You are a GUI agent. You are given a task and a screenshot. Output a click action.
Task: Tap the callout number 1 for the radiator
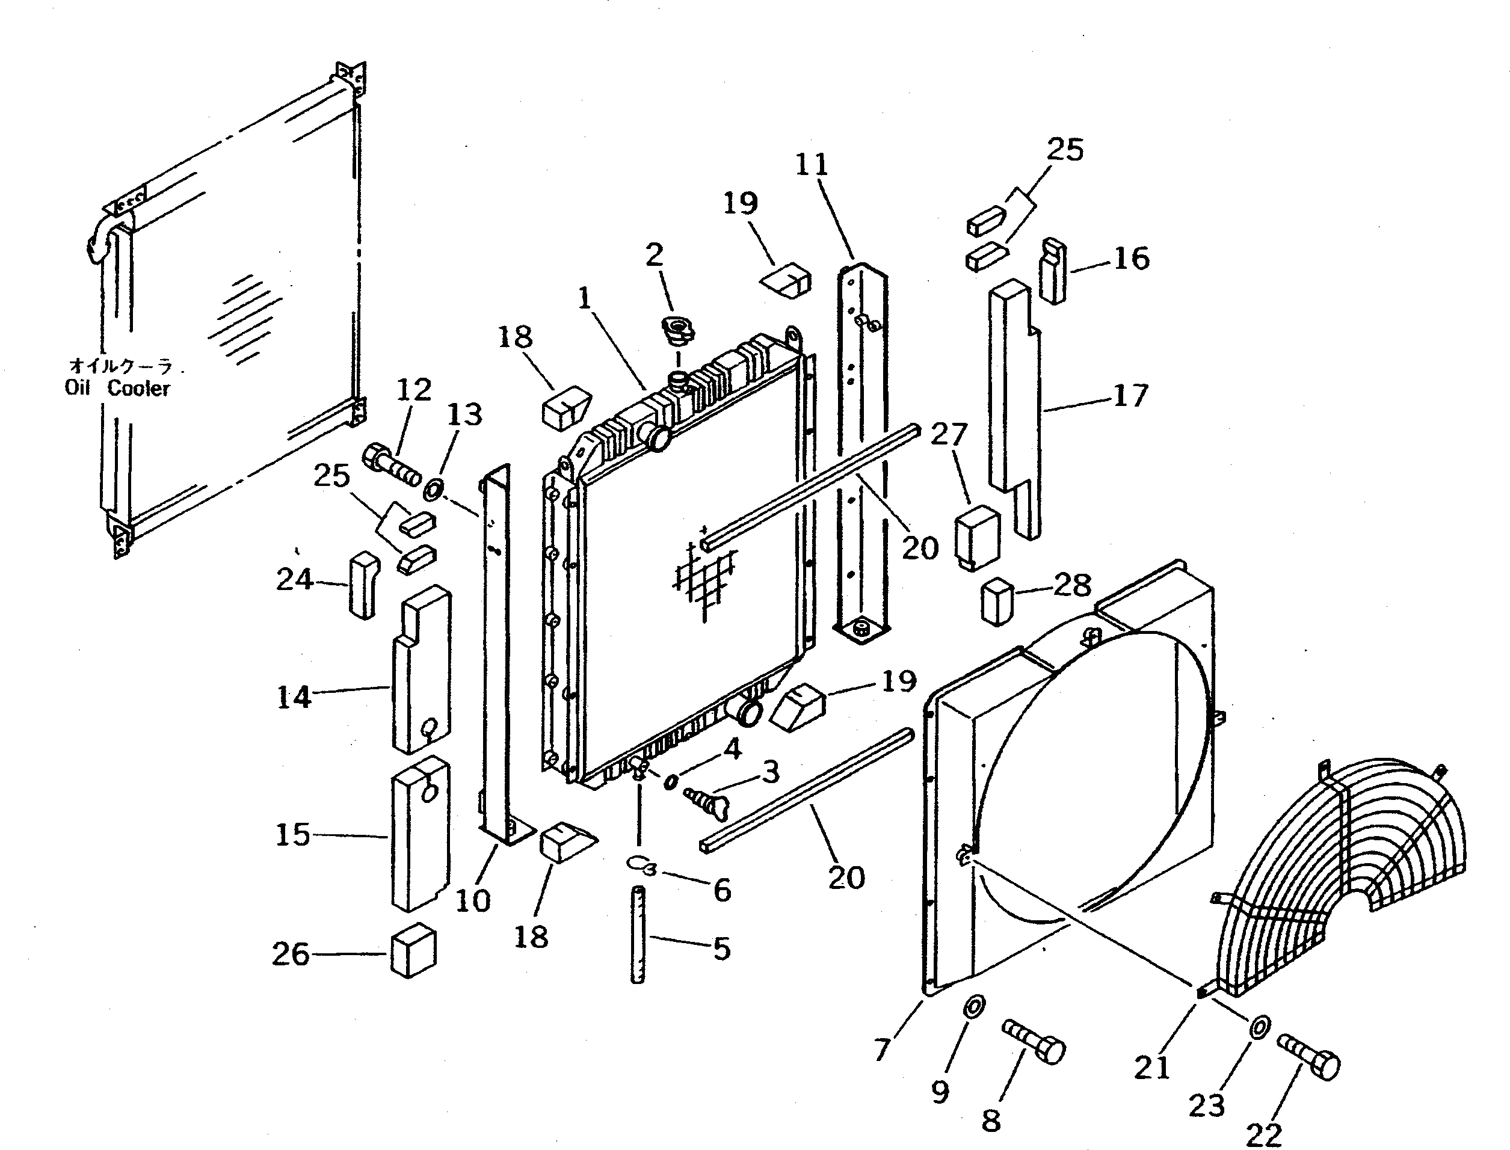[x=584, y=298]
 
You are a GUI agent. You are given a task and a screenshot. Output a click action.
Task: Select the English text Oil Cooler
[x=118, y=388]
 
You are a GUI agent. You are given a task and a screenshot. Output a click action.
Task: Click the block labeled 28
[x=997, y=601]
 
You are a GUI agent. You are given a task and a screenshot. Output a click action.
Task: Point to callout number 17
[x=1130, y=395]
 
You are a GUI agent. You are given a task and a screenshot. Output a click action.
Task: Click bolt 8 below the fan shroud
[x=1034, y=1040]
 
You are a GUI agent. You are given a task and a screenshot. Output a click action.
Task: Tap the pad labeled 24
[x=363, y=585]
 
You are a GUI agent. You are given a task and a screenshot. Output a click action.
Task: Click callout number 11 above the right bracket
[x=812, y=164]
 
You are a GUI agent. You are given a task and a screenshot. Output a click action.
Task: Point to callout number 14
[x=294, y=697]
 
